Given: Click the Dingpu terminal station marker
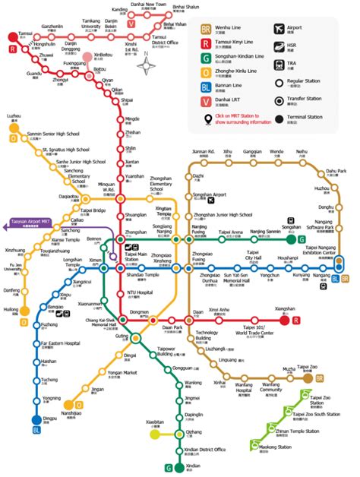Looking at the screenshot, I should point(35,419).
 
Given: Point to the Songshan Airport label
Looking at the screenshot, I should point(212,195).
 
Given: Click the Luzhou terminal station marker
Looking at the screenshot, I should point(14,128).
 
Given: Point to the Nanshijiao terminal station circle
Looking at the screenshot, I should point(68,404).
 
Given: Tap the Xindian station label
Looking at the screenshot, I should point(193,465).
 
